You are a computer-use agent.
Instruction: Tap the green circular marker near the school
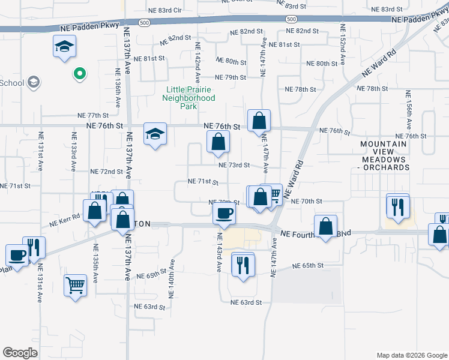79,74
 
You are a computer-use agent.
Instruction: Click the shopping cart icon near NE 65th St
75,285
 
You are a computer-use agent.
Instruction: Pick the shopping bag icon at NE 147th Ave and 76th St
259,120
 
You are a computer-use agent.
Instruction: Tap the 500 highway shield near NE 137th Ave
143,22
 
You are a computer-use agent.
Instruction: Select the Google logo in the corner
20,353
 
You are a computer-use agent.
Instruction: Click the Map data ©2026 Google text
411,355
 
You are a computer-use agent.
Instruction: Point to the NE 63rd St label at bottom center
246,302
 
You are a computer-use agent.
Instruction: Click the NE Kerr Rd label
64,220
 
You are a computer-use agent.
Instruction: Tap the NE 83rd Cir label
165,10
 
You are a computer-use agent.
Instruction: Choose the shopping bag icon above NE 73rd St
218,142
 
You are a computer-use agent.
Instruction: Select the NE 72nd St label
106,172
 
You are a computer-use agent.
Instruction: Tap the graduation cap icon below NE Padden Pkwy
64,46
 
